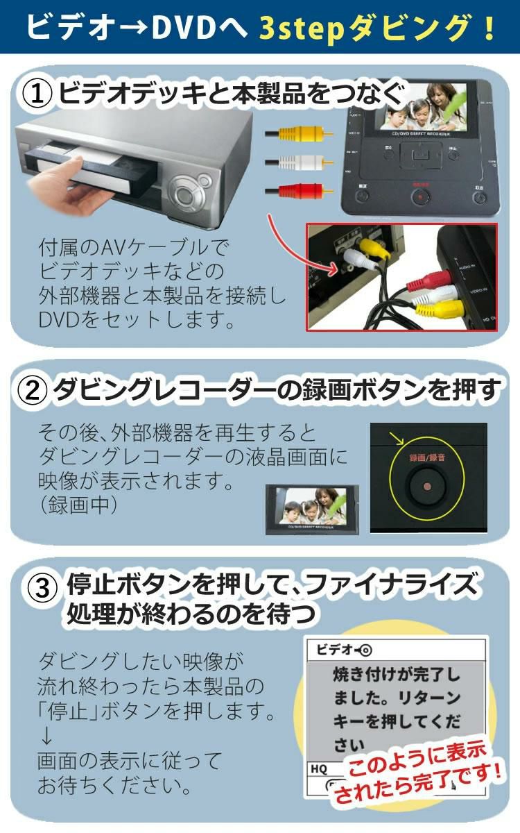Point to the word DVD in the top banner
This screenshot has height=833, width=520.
pos(184,28)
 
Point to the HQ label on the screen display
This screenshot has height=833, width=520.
pos(319,769)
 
